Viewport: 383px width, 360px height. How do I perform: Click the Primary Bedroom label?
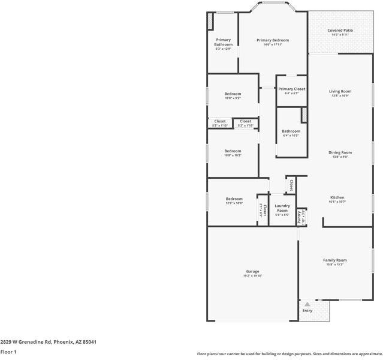click(273, 40)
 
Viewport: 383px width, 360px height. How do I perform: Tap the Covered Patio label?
click(340, 31)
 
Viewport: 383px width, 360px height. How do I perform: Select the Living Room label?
click(340, 91)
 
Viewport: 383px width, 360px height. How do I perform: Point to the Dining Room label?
click(340, 152)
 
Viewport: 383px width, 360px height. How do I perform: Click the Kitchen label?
click(337, 197)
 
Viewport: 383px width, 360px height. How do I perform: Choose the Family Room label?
click(335, 260)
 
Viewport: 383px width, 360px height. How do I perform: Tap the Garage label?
click(252, 271)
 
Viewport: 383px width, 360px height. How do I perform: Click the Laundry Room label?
click(282, 208)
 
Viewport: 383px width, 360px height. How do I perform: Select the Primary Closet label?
click(292, 89)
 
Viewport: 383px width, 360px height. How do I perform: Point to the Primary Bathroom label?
click(223, 42)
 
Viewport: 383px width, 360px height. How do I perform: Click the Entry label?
click(307, 311)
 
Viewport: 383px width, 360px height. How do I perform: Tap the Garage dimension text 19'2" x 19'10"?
click(252, 276)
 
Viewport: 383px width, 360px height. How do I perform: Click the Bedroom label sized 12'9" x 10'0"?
click(234, 199)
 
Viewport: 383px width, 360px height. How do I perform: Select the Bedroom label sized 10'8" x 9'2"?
click(233, 94)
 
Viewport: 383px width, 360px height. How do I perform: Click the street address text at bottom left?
click(48, 341)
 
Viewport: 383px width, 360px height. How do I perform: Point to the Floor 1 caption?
click(8, 352)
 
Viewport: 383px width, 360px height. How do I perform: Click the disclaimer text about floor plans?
click(289, 353)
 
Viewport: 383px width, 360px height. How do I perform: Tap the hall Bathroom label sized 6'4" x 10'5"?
click(291, 131)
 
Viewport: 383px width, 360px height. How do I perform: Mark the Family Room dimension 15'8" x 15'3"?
click(335, 265)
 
